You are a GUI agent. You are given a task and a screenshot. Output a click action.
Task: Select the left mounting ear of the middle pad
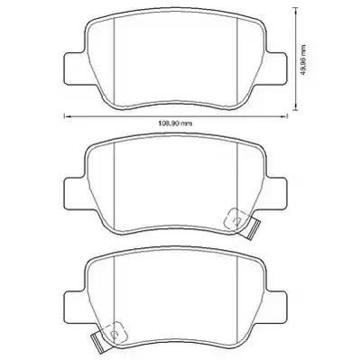pyautogui.click(x=68, y=191)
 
